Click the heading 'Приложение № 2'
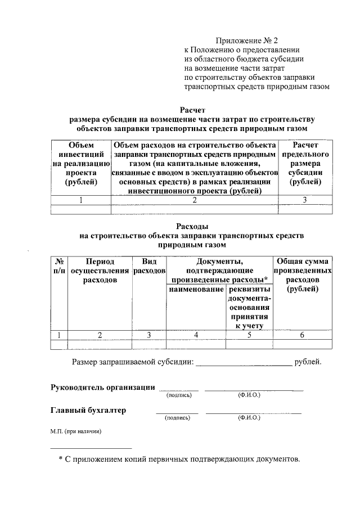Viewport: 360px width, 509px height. pos(247,40)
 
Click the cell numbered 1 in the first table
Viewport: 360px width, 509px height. pos(81,200)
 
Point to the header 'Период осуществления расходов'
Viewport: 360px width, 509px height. pos(100,271)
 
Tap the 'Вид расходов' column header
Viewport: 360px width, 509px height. pos(148,266)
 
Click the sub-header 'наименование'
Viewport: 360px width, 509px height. pos(196,289)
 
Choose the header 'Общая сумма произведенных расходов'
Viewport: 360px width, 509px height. pos(302,275)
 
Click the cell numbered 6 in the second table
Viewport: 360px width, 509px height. pos(302,335)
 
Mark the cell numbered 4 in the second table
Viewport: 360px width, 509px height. pos(196,335)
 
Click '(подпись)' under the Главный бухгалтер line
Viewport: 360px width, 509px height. pos(178,418)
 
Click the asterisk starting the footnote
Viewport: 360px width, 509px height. pos(61,460)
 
